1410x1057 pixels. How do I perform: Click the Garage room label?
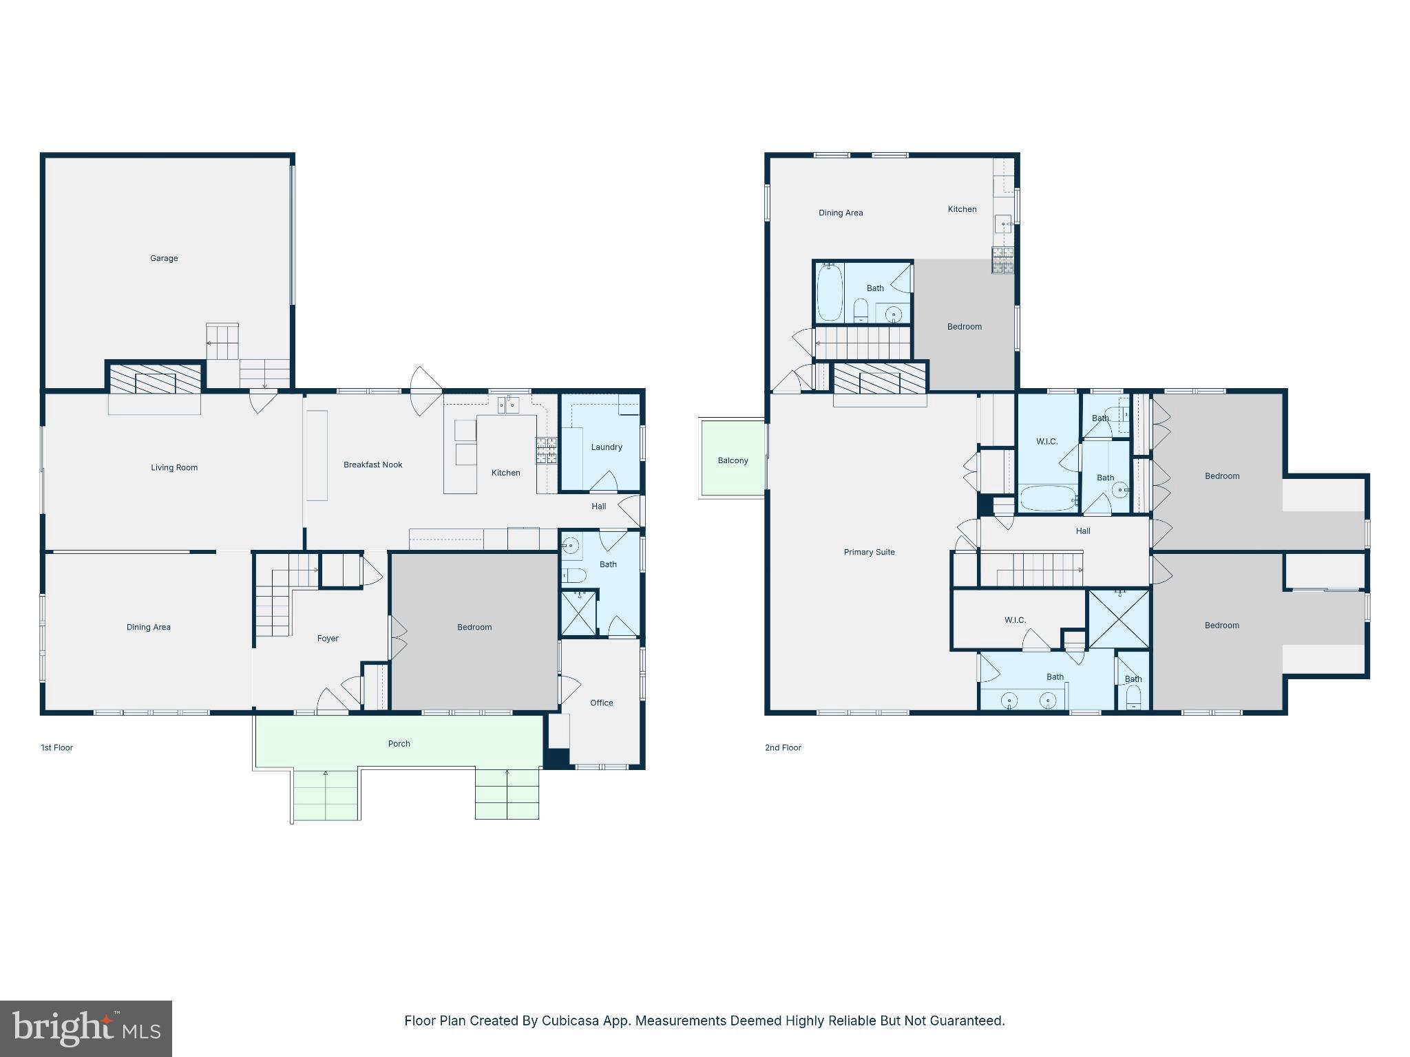pyautogui.click(x=164, y=258)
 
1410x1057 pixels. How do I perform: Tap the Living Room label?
pyautogui.click(x=174, y=467)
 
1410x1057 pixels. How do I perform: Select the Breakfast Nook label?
pyautogui.click(x=372, y=465)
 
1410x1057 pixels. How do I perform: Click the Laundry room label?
pyautogui.click(x=606, y=447)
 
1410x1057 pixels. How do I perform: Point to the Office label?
pyautogui.click(x=601, y=703)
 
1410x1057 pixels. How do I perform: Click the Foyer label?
pyautogui.click(x=328, y=638)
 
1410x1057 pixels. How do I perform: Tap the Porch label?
pyautogui.click(x=399, y=743)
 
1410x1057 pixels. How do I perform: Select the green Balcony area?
pyautogui.click(x=733, y=460)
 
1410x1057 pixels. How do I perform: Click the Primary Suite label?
pyautogui.click(x=869, y=552)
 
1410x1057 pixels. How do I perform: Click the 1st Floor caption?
pyautogui.click(x=56, y=747)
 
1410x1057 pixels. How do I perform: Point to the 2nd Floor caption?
pyautogui.click(x=783, y=747)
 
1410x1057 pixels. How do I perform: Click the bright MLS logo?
pyautogui.click(x=86, y=1029)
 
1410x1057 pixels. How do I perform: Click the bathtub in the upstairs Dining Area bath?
pyautogui.click(x=830, y=292)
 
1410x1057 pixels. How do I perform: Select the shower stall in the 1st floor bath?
pyautogui.click(x=578, y=612)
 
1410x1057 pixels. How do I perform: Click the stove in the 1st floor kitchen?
pyautogui.click(x=547, y=450)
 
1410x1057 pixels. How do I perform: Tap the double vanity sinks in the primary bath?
pyautogui.click(x=1028, y=701)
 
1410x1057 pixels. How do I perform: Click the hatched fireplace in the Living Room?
pyautogui.click(x=155, y=379)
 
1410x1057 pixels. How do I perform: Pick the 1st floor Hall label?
pyautogui.click(x=598, y=506)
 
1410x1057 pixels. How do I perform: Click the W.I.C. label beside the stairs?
pyautogui.click(x=1015, y=620)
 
